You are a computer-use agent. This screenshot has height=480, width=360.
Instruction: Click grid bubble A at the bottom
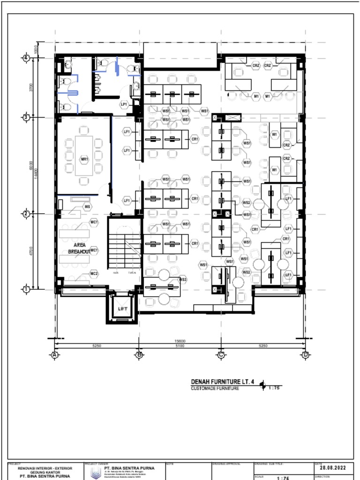coord(55,355)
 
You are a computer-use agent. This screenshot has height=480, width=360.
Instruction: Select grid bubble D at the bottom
coord(305,355)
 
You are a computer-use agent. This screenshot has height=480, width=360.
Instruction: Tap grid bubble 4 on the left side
coord(26,58)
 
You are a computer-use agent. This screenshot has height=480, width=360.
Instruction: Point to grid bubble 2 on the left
coord(26,214)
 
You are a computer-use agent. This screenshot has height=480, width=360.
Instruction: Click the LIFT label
coord(122,309)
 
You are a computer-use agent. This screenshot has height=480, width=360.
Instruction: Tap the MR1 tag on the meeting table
coord(84,160)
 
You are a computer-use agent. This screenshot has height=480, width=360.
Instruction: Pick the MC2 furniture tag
coord(94,273)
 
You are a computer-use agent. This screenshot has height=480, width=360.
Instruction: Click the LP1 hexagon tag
coord(124,104)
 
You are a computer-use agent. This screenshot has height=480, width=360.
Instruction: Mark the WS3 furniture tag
coord(183,280)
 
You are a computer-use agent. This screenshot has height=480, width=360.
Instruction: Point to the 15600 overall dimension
coord(180,341)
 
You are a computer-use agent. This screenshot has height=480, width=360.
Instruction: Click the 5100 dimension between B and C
coord(180,346)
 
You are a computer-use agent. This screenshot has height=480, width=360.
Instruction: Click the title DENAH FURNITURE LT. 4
coord(223,382)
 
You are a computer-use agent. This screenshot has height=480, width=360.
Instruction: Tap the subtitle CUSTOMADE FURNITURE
coord(215,389)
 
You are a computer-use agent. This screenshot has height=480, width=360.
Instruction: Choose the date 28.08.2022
coord(333,468)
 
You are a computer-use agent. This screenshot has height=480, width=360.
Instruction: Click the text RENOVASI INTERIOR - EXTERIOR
coord(45,468)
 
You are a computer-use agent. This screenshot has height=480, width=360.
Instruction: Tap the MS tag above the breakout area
coord(87,207)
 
